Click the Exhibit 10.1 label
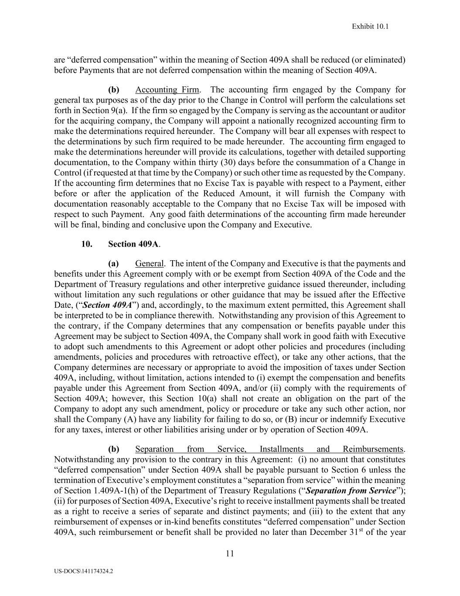click(x=370, y=27)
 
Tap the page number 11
click(x=230, y=554)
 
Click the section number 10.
click(x=86, y=244)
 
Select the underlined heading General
click(x=150, y=263)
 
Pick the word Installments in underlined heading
click(x=281, y=449)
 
